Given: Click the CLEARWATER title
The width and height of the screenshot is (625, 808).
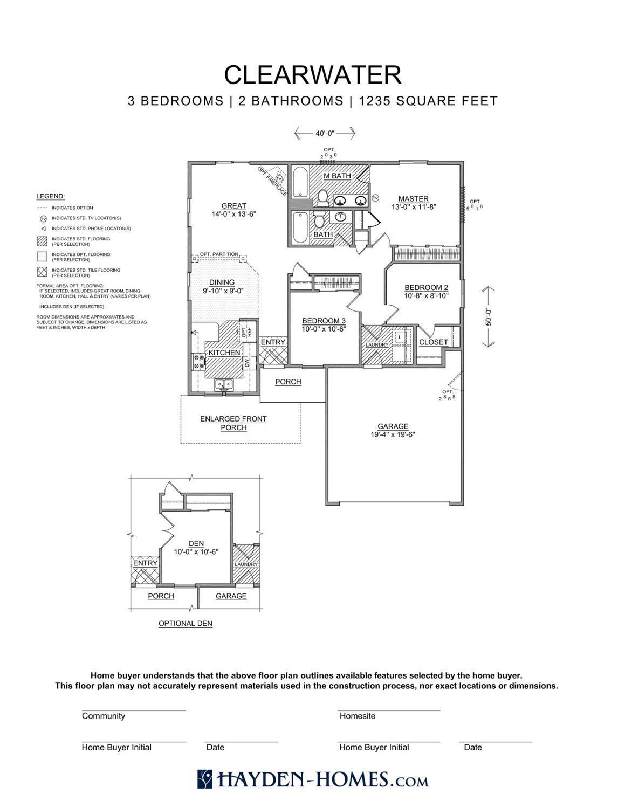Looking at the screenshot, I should [313, 75].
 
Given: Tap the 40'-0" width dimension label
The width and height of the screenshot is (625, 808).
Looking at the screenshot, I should [325, 133].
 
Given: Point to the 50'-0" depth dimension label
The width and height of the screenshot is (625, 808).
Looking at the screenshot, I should [489, 316].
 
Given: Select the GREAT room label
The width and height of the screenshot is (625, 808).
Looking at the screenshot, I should [233, 206].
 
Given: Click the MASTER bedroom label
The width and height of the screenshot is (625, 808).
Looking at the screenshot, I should [413, 199].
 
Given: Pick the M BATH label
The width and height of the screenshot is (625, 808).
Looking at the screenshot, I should [337, 176].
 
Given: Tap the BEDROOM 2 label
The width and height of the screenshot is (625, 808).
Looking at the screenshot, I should [426, 288].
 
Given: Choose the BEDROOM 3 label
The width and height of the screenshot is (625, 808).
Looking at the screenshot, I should [324, 321].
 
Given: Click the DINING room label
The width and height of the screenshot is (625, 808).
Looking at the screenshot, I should [222, 282].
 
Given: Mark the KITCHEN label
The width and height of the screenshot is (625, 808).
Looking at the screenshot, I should [224, 353].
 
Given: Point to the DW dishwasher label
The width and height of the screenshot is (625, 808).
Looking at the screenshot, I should [247, 364].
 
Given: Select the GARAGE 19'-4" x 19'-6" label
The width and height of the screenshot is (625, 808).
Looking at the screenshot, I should [393, 430].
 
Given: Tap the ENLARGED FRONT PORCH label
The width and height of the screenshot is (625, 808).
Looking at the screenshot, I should [233, 423].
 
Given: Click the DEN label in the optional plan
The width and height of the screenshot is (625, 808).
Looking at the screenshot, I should [196, 544].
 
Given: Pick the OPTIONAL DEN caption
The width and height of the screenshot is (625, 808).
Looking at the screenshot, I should [185, 624].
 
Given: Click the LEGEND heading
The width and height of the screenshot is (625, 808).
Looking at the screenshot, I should [50, 196].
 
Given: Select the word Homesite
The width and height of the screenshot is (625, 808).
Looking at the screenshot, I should [357, 716].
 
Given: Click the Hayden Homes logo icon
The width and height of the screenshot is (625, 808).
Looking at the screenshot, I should [205, 779].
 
